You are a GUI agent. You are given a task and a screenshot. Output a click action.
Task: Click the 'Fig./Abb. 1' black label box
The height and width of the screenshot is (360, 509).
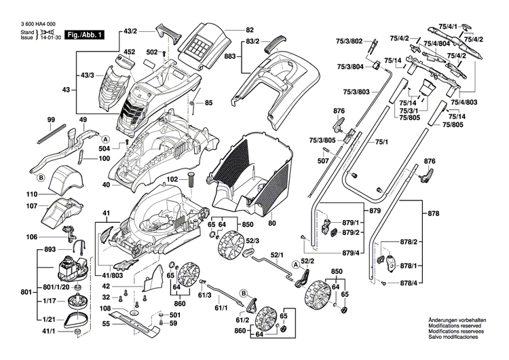click(85, 34)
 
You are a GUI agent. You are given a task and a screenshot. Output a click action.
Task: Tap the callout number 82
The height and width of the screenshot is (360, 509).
click(250, 31)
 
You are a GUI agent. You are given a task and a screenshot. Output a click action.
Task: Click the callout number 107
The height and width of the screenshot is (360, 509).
click(31, 206)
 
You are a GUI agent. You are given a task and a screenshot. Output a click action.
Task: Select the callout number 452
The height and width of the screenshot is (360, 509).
click(129, 52)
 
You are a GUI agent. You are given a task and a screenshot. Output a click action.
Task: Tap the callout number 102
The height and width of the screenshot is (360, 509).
click(172, 179)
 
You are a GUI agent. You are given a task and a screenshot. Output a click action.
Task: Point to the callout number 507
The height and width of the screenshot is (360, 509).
click(324, 161)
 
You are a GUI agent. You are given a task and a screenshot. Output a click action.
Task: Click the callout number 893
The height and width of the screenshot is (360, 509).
click(50, 249)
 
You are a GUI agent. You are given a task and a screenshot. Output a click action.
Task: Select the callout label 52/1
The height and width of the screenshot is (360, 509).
click(276, 256)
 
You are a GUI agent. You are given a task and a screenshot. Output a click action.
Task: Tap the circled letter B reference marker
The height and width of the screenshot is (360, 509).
click(41, 177)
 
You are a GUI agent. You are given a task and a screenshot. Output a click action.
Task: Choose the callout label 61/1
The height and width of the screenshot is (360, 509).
click(221, 308)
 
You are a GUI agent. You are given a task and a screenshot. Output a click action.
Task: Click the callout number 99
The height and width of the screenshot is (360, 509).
click(51, 120)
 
